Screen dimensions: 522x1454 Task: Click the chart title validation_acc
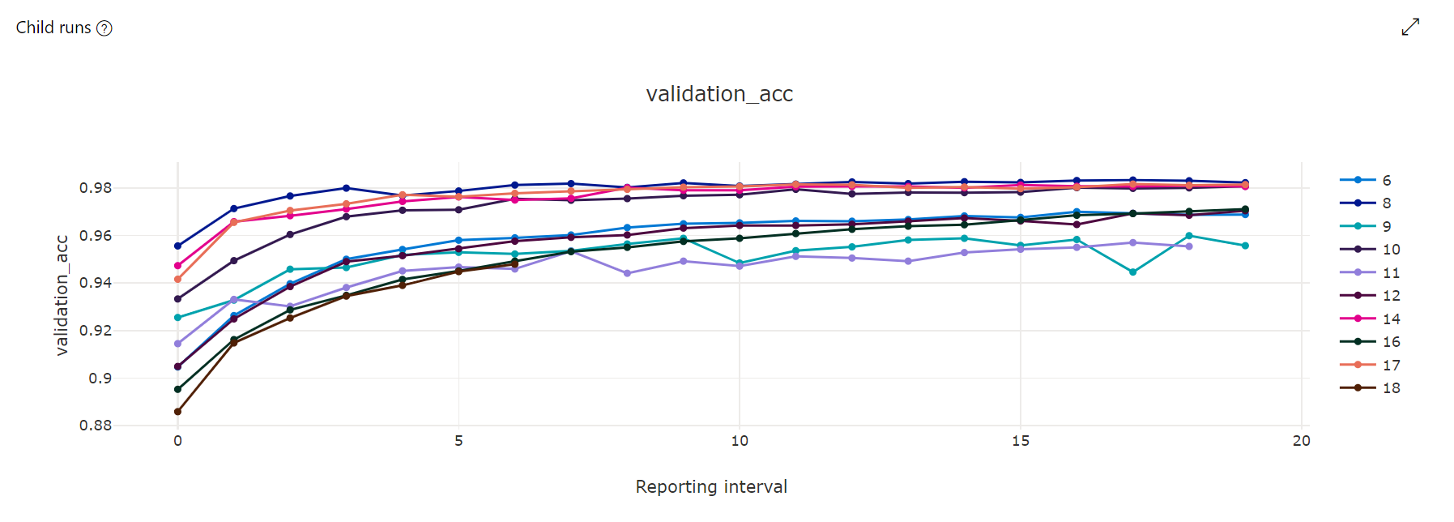718,94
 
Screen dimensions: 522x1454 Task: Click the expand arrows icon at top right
1410,27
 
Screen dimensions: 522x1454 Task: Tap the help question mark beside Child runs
104,28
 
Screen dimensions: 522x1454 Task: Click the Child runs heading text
53,28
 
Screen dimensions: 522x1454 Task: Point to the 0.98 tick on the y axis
96,188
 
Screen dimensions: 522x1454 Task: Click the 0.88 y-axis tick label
96,426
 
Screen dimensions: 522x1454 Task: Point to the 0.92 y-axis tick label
96,331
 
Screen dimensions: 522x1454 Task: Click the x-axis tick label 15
1020,441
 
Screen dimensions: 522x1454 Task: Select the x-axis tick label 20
1301,441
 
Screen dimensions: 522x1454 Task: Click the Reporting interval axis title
710,486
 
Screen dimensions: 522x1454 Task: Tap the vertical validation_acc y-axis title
62,295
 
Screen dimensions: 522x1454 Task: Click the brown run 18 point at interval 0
178,412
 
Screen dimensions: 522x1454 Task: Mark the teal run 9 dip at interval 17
1132,272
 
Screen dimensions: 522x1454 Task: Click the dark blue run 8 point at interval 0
178,246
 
